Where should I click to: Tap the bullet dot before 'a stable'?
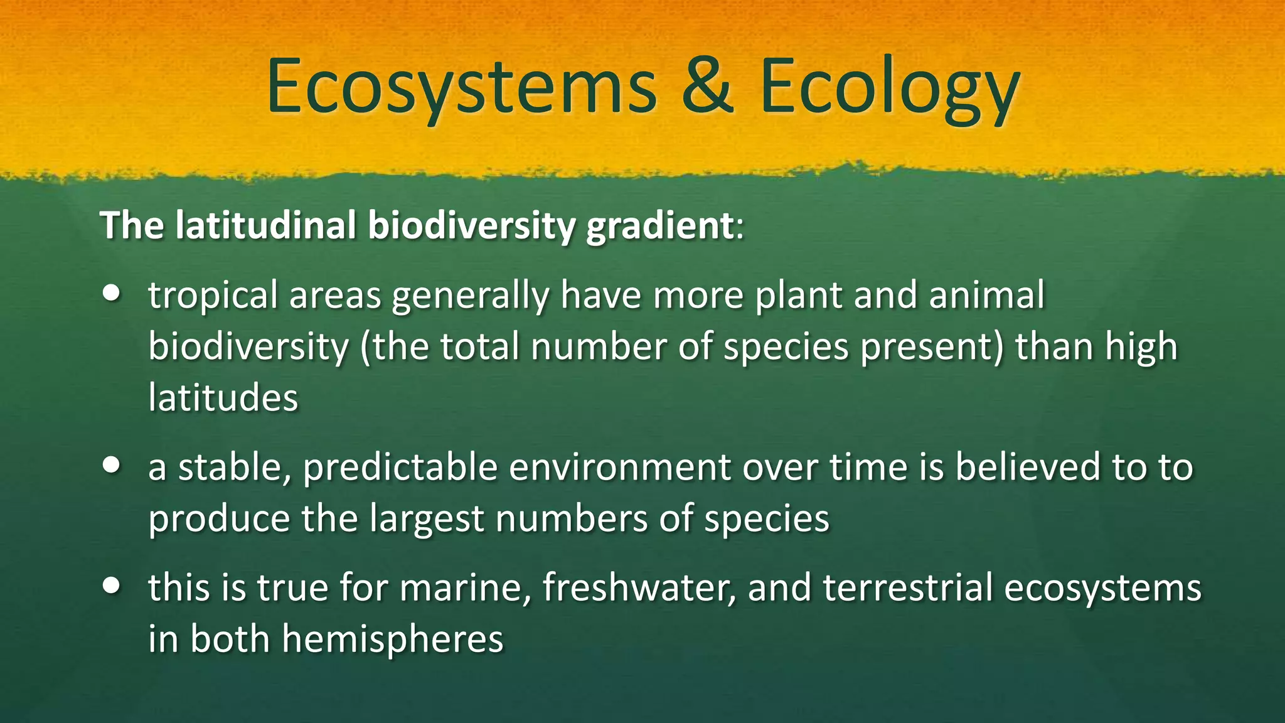[x=112, y=465]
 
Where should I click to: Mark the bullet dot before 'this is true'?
[x=112, y=586]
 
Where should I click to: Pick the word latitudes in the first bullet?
[x=223, y=397]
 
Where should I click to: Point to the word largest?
[x=427, y=519]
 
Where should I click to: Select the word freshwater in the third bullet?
[x=639, y=588]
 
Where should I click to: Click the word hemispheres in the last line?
[x=392, y=639]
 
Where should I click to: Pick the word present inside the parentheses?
[x=931, y=346]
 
